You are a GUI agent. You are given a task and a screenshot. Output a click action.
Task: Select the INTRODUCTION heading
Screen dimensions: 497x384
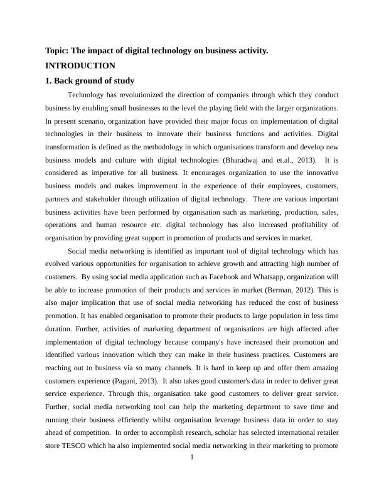tap(80, 65)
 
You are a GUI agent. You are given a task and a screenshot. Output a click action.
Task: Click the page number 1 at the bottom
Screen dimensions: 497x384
tap(192, 457)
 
